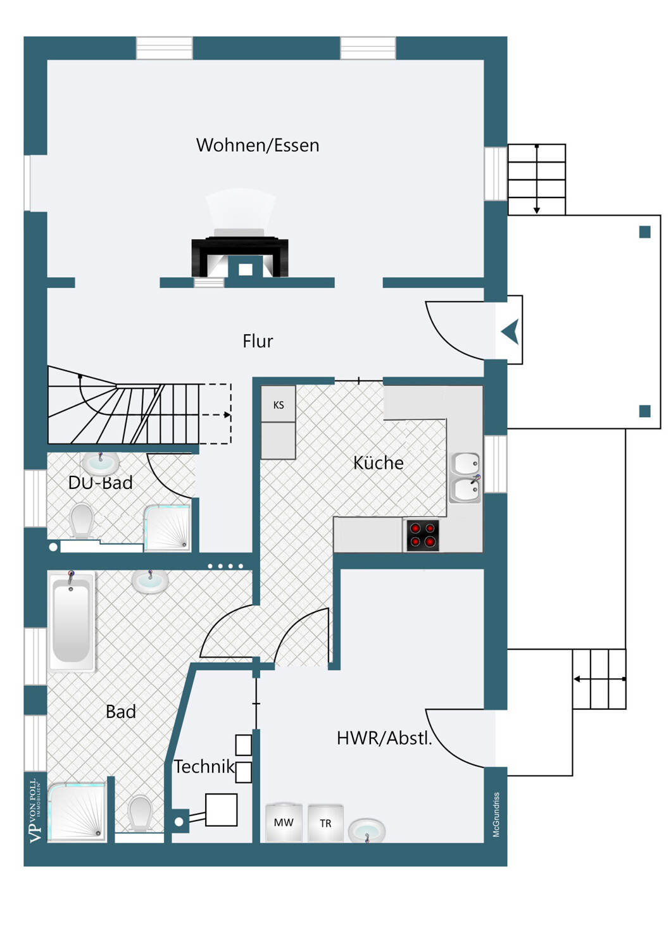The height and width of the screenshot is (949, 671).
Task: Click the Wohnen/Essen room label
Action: tap(258, 146)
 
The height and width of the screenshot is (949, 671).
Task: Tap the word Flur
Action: tap(258, 341)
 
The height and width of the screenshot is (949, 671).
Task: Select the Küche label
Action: tap(378, 462)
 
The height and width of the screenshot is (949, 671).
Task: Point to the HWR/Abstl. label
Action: tap(384, 738)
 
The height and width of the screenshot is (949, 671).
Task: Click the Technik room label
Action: tap(204, 767)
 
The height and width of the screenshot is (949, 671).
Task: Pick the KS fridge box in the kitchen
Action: tap(278, 404)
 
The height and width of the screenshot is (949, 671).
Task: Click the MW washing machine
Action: tap(284, 822)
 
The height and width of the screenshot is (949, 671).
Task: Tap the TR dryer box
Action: tap(325, 823)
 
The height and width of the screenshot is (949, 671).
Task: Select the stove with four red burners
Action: tap(423, 535)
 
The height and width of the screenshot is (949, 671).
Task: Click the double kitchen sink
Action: tap(465, 478)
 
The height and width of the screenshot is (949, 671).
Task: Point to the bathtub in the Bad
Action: tap(71, 621)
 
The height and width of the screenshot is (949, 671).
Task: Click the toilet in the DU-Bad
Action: tap(82, 520)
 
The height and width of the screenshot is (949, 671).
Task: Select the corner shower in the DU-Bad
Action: tap(167, 528)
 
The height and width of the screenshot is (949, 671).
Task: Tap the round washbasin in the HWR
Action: tap(367, 830)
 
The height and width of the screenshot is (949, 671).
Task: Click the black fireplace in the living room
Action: tap(240, 257)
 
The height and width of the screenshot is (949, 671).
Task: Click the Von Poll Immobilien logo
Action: tap(35, 810)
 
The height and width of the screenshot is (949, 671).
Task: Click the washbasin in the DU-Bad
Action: tap(100, 463)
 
